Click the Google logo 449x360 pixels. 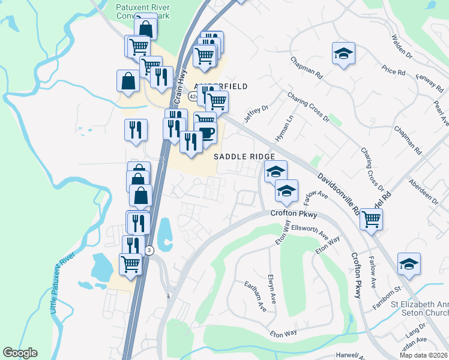(x=20, y=353)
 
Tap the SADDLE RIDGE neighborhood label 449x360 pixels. (x=245, y=156)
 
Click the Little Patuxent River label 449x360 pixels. (x=62, y=289)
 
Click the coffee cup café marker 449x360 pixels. (x=207, y=133)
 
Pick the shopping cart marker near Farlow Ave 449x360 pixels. (x=371, y=220)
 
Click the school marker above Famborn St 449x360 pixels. (x=409, y=264)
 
